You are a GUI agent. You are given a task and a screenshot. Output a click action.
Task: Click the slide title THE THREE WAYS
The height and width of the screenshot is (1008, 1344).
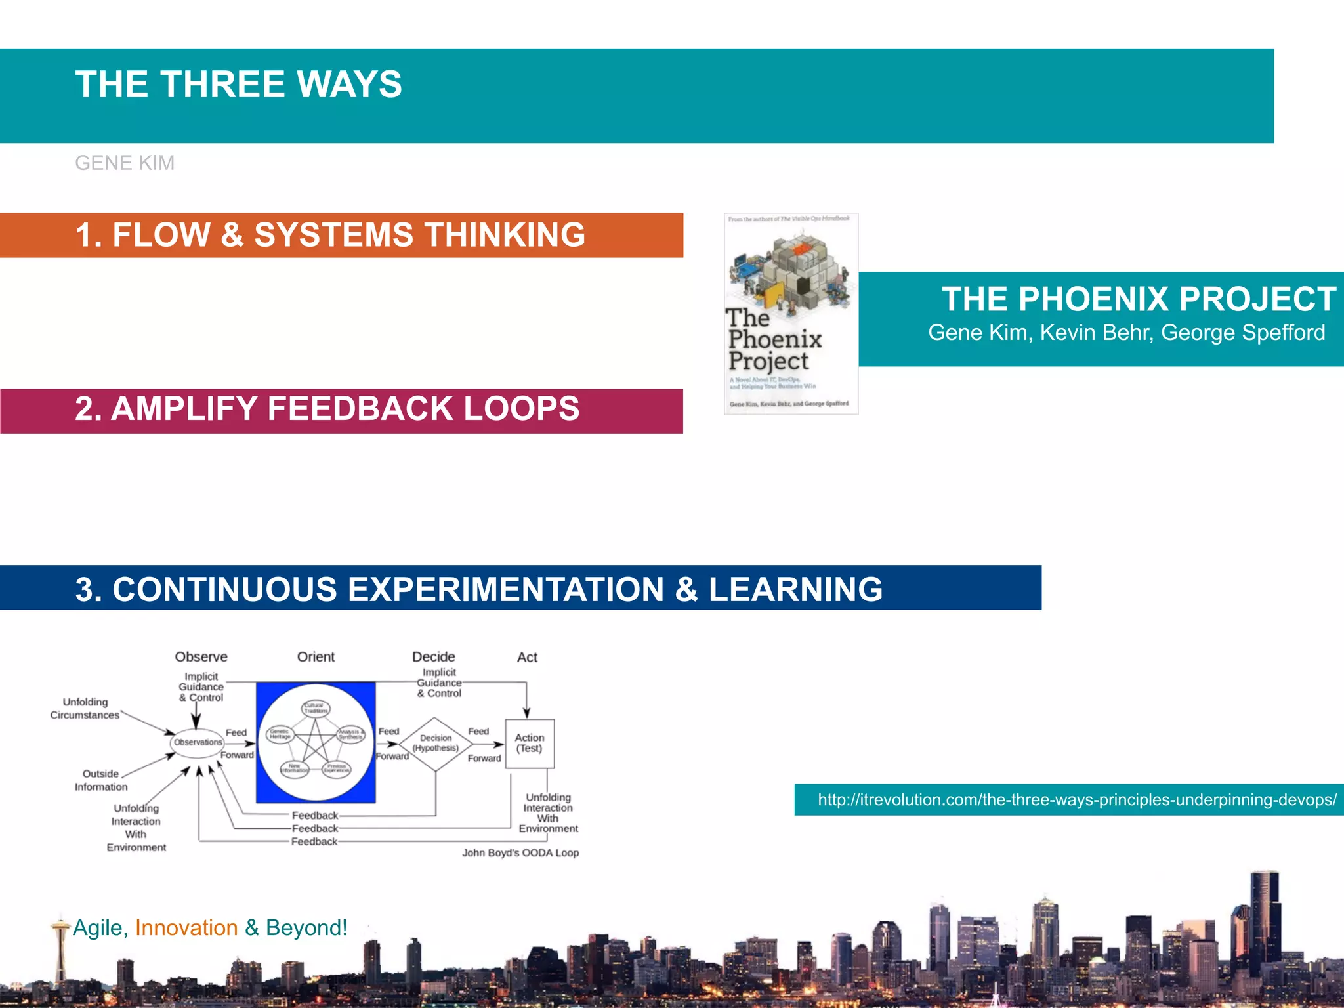238,85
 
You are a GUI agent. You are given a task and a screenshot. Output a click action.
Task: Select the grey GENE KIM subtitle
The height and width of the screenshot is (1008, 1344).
125,163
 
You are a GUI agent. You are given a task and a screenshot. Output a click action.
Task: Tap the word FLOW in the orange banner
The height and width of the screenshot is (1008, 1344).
161,235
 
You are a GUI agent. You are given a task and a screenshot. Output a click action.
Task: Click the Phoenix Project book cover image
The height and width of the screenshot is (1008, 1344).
791,314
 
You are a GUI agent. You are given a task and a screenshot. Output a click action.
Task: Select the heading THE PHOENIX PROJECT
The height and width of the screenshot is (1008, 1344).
1139,299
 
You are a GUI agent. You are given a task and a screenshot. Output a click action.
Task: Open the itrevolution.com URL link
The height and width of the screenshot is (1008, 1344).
1076,799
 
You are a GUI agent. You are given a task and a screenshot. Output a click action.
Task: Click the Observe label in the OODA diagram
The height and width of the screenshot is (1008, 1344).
201,657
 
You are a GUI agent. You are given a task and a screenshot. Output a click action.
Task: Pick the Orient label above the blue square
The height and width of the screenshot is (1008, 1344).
316,657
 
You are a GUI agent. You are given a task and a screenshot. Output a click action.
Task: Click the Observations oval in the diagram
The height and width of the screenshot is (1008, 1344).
198,742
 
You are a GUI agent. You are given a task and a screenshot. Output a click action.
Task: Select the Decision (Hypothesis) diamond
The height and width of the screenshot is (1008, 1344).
436,744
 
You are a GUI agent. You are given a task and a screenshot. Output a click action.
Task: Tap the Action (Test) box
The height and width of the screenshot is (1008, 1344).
530,743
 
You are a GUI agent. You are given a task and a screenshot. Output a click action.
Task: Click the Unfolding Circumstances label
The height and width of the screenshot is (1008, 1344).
85,709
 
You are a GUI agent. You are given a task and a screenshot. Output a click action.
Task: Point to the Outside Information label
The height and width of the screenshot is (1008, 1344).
100,780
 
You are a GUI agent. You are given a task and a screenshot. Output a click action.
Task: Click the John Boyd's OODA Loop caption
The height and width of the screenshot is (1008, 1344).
520,852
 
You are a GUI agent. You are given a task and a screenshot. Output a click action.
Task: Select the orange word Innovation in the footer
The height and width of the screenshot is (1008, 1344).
186,928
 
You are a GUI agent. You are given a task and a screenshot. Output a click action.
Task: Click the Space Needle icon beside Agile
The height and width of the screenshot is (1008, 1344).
60,945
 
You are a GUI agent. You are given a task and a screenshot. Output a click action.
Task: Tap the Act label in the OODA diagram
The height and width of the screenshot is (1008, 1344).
527,657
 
